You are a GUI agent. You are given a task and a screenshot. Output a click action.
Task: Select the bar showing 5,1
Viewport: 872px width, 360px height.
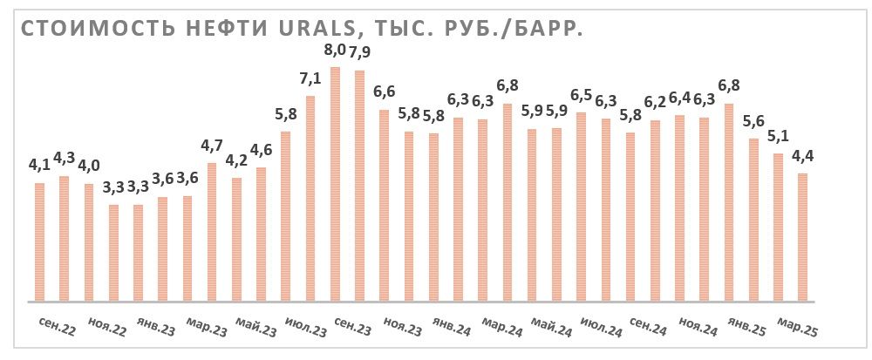pyautogui.click(x=778, y=228)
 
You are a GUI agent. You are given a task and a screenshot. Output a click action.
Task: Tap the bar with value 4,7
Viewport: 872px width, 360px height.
pyautogui.click(x=211, y=232)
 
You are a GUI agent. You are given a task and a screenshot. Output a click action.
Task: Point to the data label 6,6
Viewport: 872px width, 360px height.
pyautogui.click(x=384, y=92)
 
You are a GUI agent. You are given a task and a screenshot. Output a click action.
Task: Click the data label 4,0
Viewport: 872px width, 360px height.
pyautogui.click(x=88, y=166)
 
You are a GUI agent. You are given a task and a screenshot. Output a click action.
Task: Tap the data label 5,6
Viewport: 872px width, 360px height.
pyautogui.click(x=753, y=120)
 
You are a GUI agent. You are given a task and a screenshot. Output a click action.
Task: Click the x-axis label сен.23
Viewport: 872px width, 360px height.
pyautogui.click(x=352, y=329)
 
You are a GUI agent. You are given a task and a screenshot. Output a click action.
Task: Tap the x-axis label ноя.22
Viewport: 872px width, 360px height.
pyautogui.click(x=106, y=329)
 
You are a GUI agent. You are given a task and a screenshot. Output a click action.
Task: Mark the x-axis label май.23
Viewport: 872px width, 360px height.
pyautogui.click(x=255, y=329)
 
